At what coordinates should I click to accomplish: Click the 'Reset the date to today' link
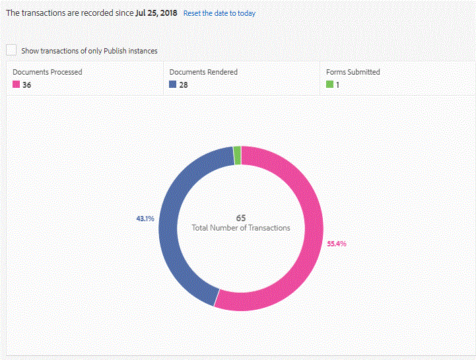[219, 13]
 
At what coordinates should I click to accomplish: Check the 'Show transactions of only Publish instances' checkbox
[11, 50]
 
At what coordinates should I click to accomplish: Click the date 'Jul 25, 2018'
[156, 13]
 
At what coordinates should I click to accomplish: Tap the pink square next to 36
[17, 85]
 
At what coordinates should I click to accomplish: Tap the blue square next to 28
[173, 85]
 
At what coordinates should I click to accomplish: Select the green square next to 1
[329, 85]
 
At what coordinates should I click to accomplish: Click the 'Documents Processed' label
[48, 72]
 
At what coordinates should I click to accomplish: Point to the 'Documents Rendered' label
[203, 72]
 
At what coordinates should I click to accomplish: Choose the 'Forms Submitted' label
[353, 72]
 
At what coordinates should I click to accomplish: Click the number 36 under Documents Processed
[27, 85]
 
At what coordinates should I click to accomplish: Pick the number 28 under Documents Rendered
[184, 85]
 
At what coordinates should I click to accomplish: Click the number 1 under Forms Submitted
[338, 85]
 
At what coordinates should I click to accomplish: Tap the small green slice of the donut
[237, 155]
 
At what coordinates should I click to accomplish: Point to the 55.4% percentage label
[337, 244]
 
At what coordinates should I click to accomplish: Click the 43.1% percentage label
[145, 219]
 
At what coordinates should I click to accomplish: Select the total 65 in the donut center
[241, 217]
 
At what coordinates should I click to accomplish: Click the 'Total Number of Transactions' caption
[241, 228]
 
